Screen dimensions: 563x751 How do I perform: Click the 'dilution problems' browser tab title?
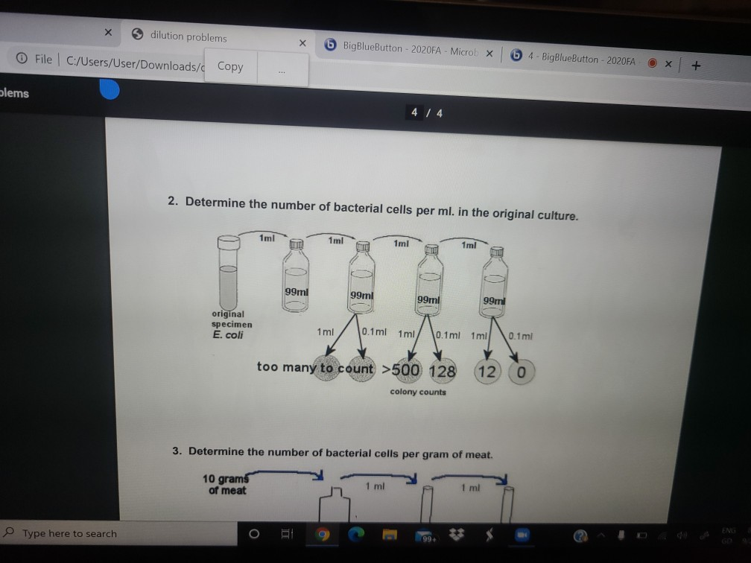pos(188,36)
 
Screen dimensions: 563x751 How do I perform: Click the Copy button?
pos(230,66)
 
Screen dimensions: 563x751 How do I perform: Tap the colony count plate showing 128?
pos(442,370)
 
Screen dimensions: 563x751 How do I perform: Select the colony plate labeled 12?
pos(487,371)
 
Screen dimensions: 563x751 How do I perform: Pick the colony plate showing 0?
pos(522,372)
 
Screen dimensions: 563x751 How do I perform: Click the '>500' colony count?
pos(402,369)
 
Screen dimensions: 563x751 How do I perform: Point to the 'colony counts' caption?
pos(418,392)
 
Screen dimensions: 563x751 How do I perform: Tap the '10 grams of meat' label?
pos(226,484)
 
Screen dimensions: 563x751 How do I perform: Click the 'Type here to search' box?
pos(69,533)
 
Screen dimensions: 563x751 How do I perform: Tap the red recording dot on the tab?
pos(652,63)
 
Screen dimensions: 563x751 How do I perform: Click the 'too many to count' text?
pos(316,366)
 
